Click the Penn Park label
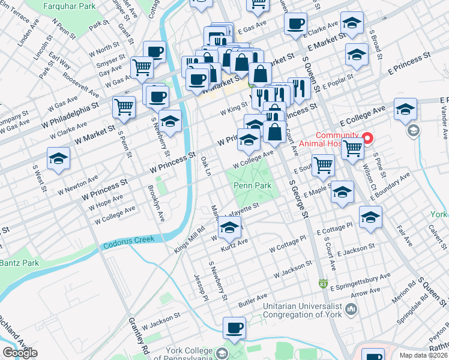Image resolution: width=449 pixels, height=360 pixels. click(253, 186)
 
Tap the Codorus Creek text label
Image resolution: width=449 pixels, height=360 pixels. click(128, 242)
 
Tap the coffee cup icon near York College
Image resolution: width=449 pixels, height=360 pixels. click(234, 328)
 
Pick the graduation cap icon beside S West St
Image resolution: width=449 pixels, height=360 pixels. click(59, 158)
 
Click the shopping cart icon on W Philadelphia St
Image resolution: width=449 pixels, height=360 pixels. click(124, 107)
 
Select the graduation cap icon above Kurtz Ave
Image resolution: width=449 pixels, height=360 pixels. click(229, 227)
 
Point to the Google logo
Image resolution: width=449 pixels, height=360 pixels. click(20, 352)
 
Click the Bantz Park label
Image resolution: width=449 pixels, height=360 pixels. click(19, 263)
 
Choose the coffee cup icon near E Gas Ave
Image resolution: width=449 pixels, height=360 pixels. click(295, 24)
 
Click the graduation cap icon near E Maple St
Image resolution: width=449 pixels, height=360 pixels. click(342, 192)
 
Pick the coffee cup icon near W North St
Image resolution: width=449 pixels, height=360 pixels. click(154, 52)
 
